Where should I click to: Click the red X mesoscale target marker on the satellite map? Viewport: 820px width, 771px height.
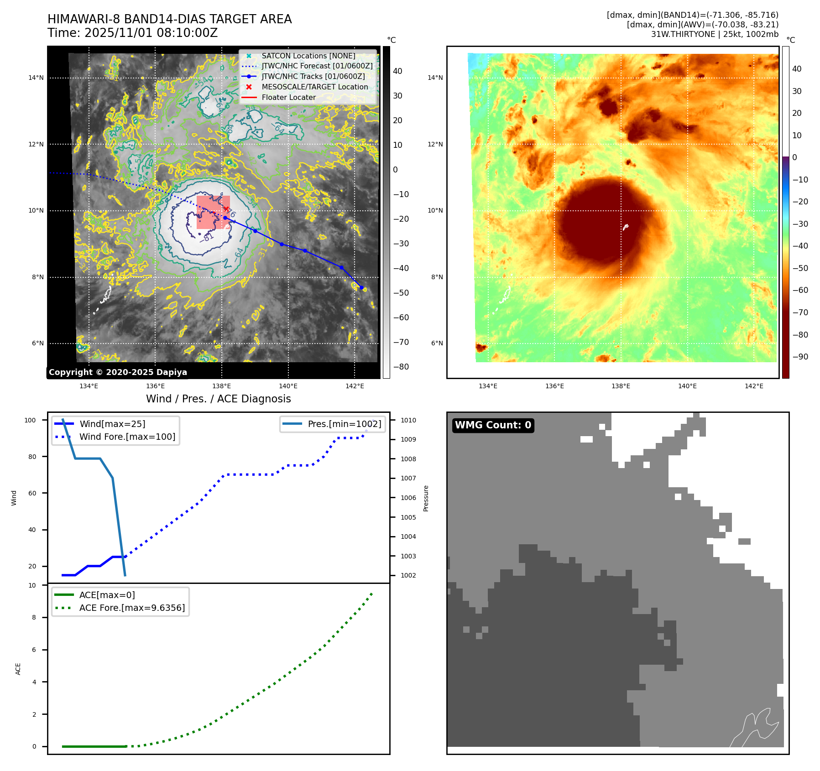tap(226, 209)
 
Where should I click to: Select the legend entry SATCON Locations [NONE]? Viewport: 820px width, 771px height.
tap(308, 56)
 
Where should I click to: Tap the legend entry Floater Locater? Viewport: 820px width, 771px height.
tap(288, 97)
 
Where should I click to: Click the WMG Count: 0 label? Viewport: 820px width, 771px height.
tap(493, 425)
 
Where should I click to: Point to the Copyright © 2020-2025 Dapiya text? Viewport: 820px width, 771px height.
tap(118, 372)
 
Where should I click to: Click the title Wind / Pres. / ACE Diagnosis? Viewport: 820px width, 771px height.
tap(218, 399)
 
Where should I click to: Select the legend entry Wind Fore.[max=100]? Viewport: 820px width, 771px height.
tap(127, 437)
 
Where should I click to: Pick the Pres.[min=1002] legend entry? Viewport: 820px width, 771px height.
tap(344, 424)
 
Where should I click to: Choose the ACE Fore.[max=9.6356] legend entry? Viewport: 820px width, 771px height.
tap(132, 608)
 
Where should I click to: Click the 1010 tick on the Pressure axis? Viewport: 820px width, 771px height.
tap(408, 420)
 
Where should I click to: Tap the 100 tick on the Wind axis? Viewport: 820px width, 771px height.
tap(30, 420)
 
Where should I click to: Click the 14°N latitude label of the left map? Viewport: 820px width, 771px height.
tap(36, 78)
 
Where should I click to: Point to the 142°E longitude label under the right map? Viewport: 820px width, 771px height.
tap(754, 386)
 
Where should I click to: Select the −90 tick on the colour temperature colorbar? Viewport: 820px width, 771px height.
tap(800, 357)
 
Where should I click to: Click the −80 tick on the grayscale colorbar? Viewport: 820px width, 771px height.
tap(401, 367)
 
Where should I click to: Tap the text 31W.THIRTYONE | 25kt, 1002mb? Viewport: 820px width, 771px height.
tap(715, 34)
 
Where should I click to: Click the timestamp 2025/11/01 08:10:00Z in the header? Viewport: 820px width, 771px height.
tap(151, 33)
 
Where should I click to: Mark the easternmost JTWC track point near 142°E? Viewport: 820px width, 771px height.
tap(361, 287)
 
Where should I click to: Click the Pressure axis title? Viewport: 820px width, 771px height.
tap(426, 498)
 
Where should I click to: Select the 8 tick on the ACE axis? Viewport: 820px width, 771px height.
tap(34, 617)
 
